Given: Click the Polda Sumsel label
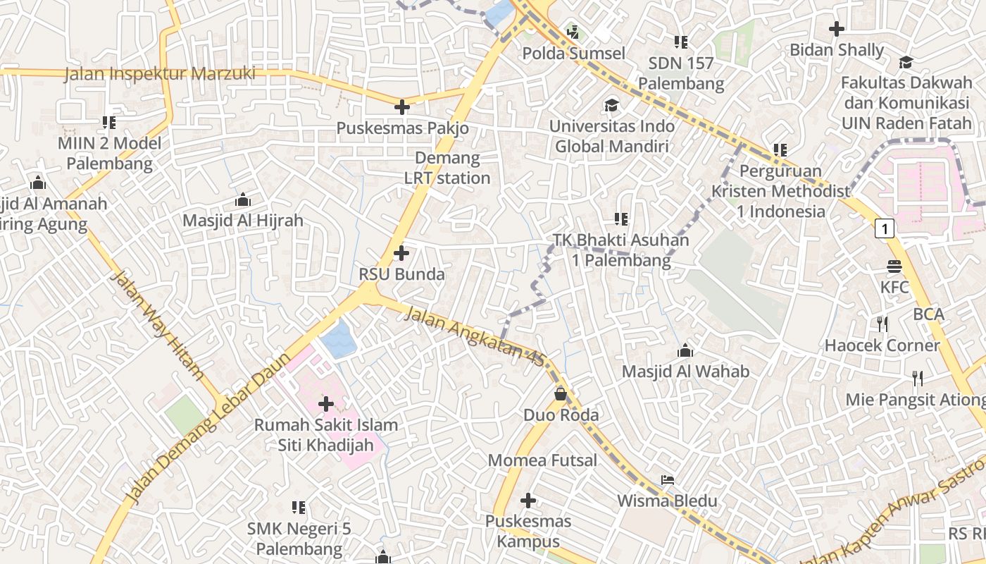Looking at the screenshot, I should pyautogui.click(x=573, y=54).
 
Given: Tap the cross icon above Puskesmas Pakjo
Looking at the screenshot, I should pyautogui.click(x=402, y=107).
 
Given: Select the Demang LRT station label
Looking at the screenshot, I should pyautogui.click(x=447, y=168).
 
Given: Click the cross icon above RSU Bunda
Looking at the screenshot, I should pyautogui.click(x=401, y=252).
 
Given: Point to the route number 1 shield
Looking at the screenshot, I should pyautogui.click(x=885, y=228).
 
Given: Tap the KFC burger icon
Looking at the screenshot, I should pyautogui.click(x=894, y=266).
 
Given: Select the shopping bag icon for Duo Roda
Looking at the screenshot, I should pyautogui.click(x=561, y=393).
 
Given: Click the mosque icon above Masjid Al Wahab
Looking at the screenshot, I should pyautogui.click(x=685, y=350).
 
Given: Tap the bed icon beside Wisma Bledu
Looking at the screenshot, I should pyautogui.click(x=668, y=480).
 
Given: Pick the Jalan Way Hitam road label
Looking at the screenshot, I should pyautogui.click(x=156, y=326).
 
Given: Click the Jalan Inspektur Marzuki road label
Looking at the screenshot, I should pyautogui.click(x=160, y=73).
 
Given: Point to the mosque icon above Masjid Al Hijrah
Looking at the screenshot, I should pyautogui.click(x=243, y=200).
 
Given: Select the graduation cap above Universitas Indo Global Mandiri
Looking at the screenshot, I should pyautogui.click(x=611, y=106).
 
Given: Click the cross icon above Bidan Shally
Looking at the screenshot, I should pyautogui.click(x=836, y=29).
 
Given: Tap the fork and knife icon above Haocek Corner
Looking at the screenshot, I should pyautogui.click(x=882, y=324).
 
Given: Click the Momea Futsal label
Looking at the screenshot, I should pyautogui.click(x=542, y=460).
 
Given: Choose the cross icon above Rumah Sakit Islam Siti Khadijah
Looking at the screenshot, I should pyautogui.click(x=326, y=404).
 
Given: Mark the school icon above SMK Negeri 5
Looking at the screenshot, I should pyautogui.click(x=299, y=508).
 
